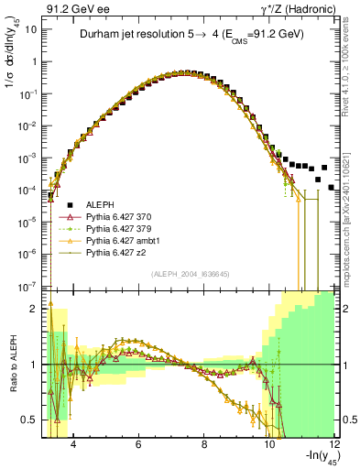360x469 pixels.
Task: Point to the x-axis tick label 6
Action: pyautogui.click(x=137, y=445)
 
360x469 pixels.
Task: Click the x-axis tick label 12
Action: pyautogui.click(x=335, y=445)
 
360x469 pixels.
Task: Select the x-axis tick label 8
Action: pyautogui.click(x=203, y=445)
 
